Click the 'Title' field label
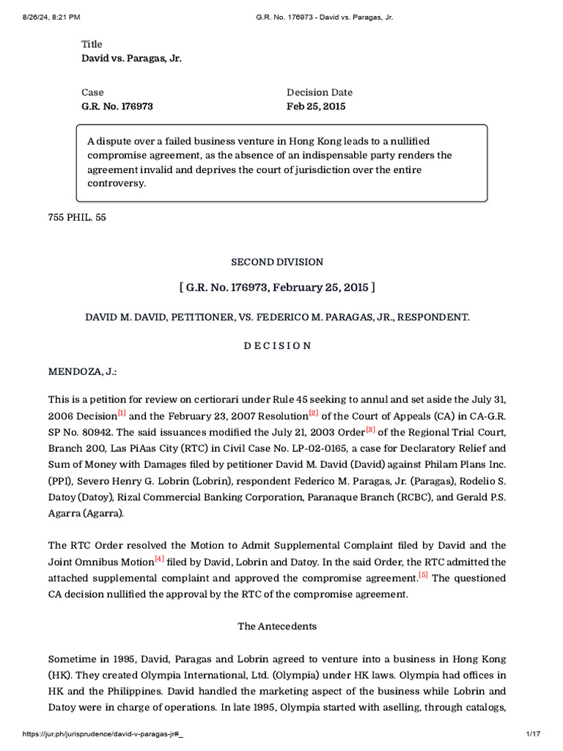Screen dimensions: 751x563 click(92, 44)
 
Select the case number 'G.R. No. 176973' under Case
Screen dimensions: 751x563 click(117, 106)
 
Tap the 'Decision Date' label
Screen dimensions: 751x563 click(319, 92)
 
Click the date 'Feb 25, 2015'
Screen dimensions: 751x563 click(315, 106)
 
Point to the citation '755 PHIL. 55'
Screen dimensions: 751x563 click(77, 217)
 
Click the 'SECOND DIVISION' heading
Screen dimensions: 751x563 click(277, 262)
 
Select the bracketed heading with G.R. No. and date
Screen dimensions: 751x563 click(277, 287)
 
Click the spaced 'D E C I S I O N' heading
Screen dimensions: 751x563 click(277, 345)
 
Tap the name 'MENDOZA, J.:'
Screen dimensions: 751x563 click(82, 372)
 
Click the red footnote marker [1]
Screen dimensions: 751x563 click(122, 414)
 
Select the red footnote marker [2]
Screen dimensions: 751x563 click(313, 414)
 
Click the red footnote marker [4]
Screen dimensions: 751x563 click(159, 559)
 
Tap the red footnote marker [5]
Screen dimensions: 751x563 click(423, 575)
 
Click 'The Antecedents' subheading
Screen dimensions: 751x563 click(277, 626)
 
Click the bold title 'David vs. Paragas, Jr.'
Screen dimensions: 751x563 click(131, 58)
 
